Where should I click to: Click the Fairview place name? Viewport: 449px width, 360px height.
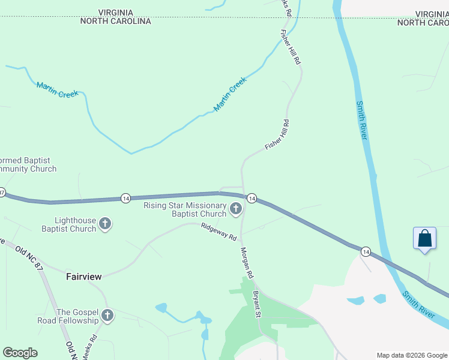[x=83, y=277]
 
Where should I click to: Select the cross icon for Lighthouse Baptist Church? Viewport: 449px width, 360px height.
[x=106, y=224]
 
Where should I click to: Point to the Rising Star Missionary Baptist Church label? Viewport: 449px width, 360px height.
[x=184, y=209]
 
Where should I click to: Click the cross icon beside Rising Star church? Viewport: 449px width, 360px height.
[x=236, y=209]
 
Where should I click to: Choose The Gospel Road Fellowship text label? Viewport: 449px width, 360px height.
[x=77, y=316]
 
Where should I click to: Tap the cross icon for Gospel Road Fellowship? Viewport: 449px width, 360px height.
[x=107, y=316]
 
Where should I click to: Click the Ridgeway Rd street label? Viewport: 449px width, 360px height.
[x=218, y=232]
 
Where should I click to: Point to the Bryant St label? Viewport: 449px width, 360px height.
[x=256, y=304]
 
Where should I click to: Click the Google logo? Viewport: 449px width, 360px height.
[x=20, y=353]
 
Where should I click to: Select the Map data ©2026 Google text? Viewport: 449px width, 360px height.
[x=412, y=355]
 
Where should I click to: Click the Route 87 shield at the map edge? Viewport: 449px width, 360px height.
[x=2, y=193]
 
